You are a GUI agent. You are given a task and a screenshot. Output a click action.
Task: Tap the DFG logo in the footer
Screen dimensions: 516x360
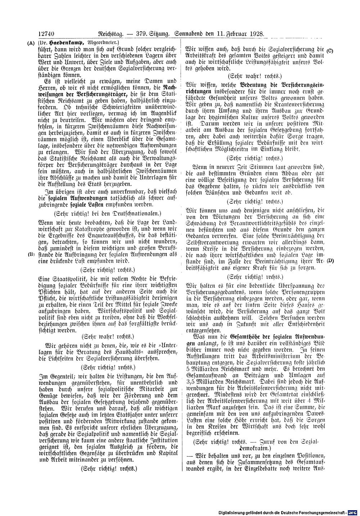[x=354, y=512]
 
